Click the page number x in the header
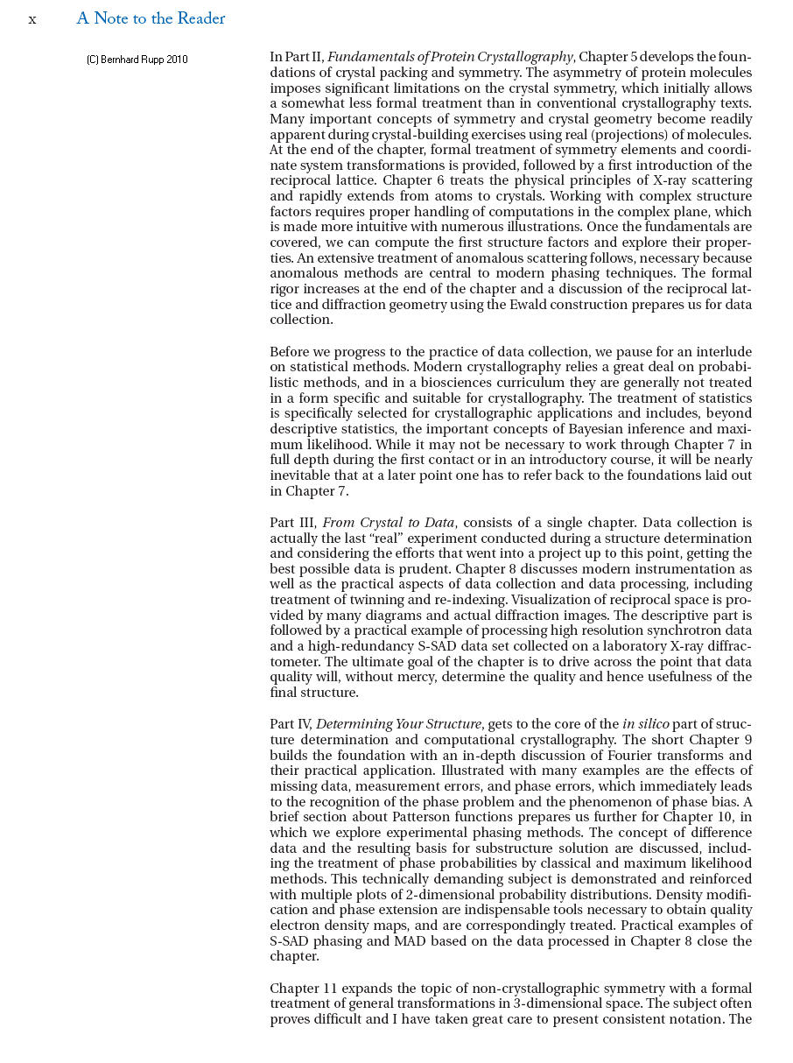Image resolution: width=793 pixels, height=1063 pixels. coord(32,19)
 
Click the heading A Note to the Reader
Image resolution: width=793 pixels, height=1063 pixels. coord(151,18)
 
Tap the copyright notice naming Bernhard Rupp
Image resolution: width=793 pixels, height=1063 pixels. coord(137,60)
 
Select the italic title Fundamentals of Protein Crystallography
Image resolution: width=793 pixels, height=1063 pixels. coord(450,57)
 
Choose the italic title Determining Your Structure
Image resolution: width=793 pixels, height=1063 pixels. coord(398,723)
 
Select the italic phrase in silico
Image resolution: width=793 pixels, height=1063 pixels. coord(646,723)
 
